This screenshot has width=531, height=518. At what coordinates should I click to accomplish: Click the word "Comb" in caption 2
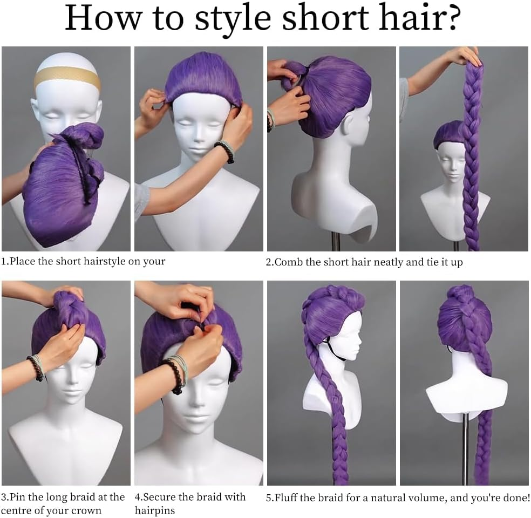(x=287, y=262)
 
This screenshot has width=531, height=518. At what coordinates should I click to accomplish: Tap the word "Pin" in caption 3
(x=19, y=497)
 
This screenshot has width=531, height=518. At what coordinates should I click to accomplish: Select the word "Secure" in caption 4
(x=162, y=497)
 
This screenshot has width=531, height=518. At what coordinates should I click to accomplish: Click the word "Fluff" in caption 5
(x=288, y=497)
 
